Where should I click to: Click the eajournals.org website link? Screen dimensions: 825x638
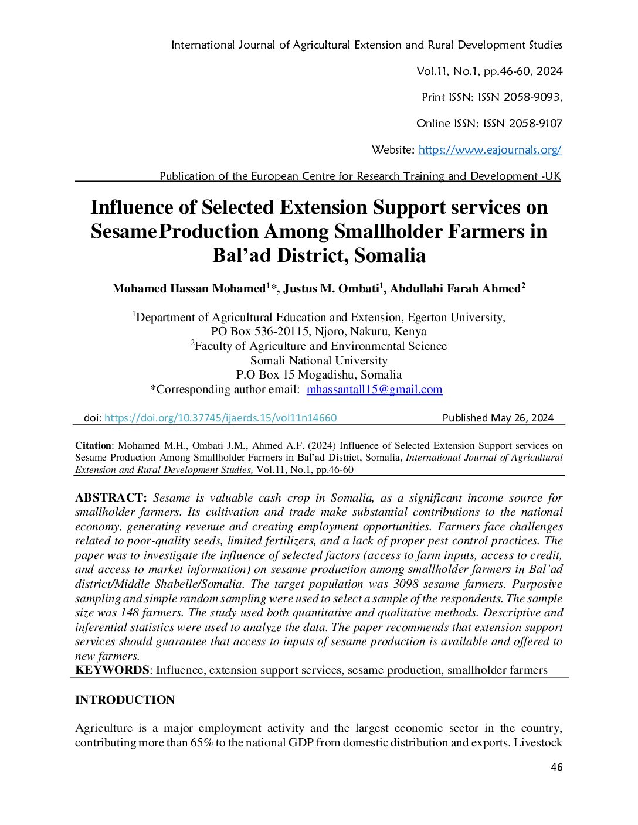490,150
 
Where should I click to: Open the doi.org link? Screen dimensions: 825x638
220,418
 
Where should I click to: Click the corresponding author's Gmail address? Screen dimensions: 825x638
374,390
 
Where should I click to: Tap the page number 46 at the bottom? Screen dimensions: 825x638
556,767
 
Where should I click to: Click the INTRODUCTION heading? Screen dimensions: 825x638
125,700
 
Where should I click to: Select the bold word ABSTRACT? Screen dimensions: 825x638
110,498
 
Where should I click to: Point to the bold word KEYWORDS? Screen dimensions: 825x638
112,670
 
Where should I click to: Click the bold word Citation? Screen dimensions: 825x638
93,446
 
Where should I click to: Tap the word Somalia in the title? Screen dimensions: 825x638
390,255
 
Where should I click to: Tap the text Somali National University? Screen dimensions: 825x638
319,361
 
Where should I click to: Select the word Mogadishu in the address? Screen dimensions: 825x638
326,375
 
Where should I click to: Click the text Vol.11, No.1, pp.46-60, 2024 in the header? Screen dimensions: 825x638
489,71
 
